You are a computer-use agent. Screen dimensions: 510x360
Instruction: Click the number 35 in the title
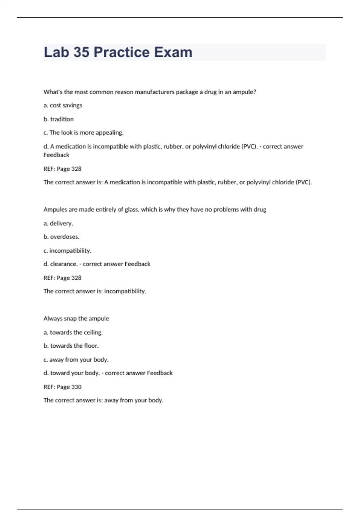coord(81,52)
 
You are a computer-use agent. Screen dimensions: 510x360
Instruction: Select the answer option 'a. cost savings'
coord(63,105)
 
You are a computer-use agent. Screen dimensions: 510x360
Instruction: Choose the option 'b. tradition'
coord(58,119)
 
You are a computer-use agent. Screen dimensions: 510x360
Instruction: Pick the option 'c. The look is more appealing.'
coord(83,133)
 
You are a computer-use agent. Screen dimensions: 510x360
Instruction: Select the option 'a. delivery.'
coord(58,223)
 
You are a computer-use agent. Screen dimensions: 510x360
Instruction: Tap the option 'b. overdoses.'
coord(61,237)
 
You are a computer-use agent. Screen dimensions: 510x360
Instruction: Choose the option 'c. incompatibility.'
coord(67,250)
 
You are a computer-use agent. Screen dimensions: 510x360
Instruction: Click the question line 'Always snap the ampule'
coord(76,318)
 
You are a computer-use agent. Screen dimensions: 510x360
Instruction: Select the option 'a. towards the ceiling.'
coord(73,332)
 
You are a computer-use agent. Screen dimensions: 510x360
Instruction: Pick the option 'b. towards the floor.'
coord(71,346)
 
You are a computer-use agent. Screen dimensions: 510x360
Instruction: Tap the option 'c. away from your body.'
coord(76,359)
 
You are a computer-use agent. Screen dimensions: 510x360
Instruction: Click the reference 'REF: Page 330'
coord(62,387)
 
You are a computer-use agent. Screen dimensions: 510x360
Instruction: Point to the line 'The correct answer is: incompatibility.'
coord(95,291)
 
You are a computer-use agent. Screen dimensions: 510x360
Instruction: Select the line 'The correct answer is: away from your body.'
coord(103,400)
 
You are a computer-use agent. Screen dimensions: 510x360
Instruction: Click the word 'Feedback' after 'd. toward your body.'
coord(160,373)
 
